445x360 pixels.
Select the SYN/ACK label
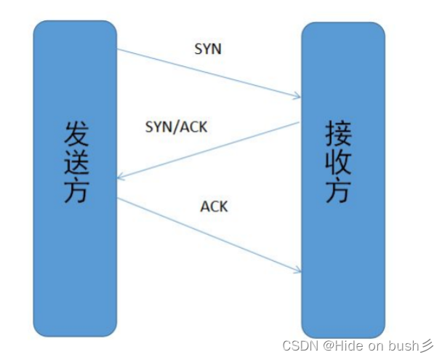click(177, 127)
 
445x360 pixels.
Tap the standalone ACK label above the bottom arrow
click(214, 207)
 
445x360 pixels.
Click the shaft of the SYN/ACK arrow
click(211, 150)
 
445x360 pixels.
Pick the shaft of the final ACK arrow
click(211, 234)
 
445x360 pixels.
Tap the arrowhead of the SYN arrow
click(297, 95)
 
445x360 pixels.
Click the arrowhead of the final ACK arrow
click(297, 271)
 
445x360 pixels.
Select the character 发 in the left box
click(74, 135)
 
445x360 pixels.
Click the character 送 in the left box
click(74, 164)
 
